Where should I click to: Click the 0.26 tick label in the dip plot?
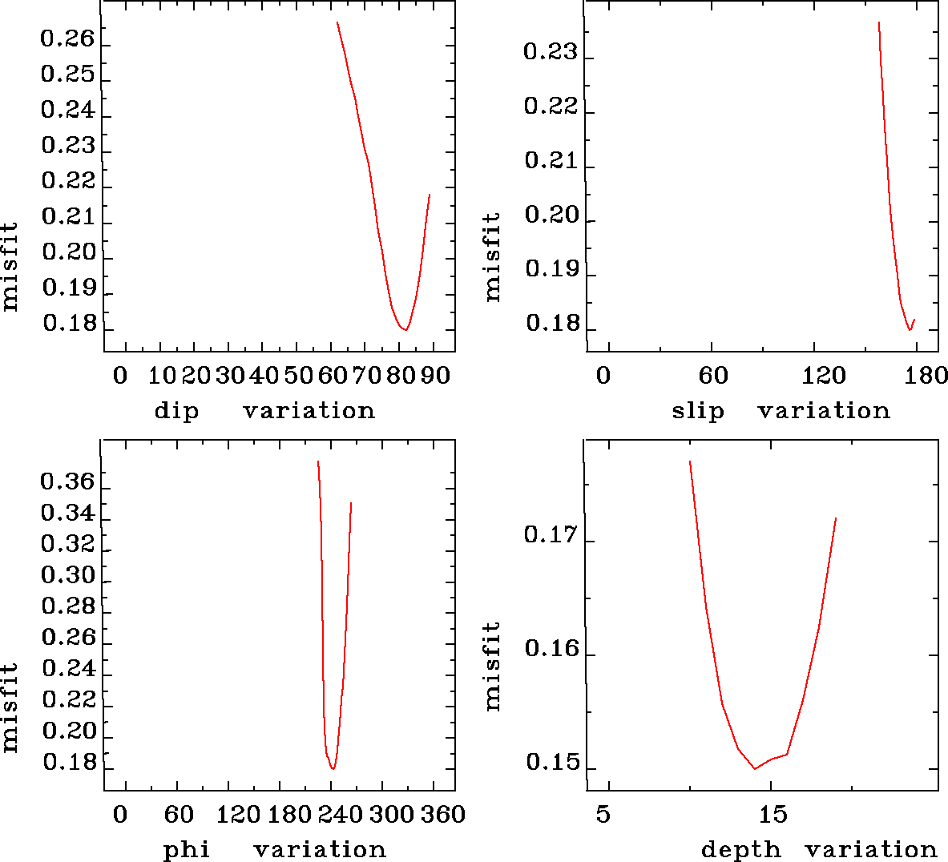pyautogui.click(x=67, y=39)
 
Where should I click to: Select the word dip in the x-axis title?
pyautogui.click(x=176, y=411)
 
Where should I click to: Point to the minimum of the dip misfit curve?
pyautogui.click(x=406, y=329)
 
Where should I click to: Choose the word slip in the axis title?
pyautogui.click(x=697, y=411)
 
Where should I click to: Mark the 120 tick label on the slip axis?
pyautogui.click(x=825, y=375)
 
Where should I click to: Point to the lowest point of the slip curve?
pyautogui.click(x=910, y=329)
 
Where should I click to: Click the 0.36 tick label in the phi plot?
pyautogui.click(x=67, y=482)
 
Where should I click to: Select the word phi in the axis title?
pyautogui.click(x=187, y=849)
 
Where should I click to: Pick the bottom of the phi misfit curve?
pyautogui.click(x=333, y=768)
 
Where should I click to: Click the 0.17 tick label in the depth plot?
pyautogui.click(x=551, y=534)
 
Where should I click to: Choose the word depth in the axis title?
pyautogui.click(x=740, y=849)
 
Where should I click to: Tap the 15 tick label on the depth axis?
pyautogui.click(x=773, y=815)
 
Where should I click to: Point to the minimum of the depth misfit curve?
pyautogui.click(x=754, y=768)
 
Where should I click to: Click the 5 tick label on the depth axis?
pyautogui.click(x=603, y=815)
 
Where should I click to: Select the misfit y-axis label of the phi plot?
pyautogui.click(x=10, y=707)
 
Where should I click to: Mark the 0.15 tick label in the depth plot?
pyautogui.click(x=552, y=763)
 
